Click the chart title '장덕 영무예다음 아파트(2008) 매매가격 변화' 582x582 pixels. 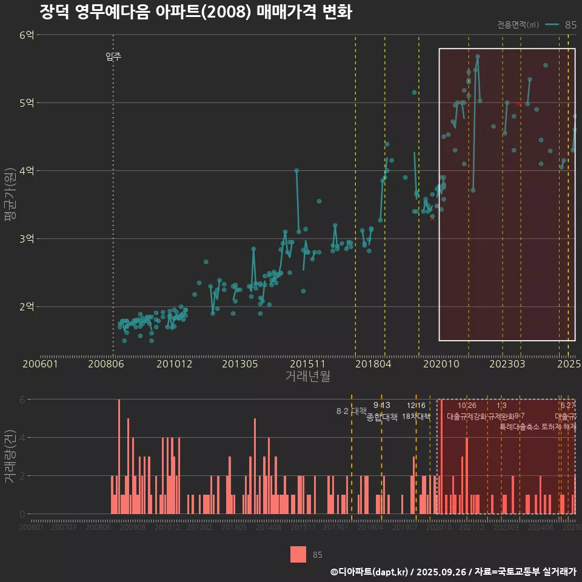pos(195,12)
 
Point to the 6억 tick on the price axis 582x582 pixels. pos(27,35)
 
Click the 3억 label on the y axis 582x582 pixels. pos(27,239)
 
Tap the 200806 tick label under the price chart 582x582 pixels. pos(107,364)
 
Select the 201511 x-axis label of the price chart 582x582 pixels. pos(304,364)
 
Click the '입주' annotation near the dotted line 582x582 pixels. pos(113,57)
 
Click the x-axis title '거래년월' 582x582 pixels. pos(307,376)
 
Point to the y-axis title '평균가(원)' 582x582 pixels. pos(10,194)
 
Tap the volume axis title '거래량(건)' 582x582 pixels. pos(10,456)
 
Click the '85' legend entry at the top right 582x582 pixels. pos(570,25)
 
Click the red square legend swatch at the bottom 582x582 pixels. pos(298,554)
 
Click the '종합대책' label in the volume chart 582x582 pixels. pos(382,417)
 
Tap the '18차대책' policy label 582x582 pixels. pos(416,416)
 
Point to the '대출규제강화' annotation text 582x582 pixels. pos(466,416)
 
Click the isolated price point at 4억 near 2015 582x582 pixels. pos(296,171)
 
